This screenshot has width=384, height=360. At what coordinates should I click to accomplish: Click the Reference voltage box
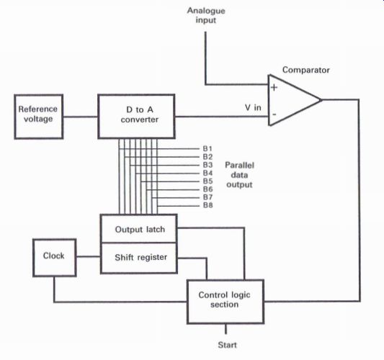pos(39,117)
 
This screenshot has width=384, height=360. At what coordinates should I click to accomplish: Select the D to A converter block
pos(136,116)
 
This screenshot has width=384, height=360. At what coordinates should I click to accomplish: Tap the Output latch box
pos(139,229)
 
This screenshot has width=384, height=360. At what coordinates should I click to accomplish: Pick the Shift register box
pos(139,258)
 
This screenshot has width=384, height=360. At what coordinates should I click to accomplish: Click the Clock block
pos(54,258)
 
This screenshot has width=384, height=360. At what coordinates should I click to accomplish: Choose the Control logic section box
pos(226,302)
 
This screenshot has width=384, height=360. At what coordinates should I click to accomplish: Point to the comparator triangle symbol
pos(294,100)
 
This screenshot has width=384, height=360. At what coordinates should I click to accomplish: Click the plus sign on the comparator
pos(274,87)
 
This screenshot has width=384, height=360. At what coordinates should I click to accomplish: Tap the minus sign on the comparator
pos(274,114)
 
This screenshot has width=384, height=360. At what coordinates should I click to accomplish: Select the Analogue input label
pos(206,15)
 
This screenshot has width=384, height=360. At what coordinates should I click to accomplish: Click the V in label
pos(253,107)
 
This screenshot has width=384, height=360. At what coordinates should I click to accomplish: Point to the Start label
pos(227,345)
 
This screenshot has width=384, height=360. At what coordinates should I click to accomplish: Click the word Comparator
pos(306,70)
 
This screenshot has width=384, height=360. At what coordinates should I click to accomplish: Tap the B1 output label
pos(207,148)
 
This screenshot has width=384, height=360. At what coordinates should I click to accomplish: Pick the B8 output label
pos(207,205)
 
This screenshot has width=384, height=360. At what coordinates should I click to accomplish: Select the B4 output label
pos(207,173)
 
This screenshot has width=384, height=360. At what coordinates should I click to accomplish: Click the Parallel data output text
pos(239,175)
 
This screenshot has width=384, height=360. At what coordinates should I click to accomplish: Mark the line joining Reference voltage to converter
pos(81,117)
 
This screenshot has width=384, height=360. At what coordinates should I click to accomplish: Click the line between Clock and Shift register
pos(88,256)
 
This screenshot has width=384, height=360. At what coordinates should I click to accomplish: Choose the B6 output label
pos(207,189)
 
